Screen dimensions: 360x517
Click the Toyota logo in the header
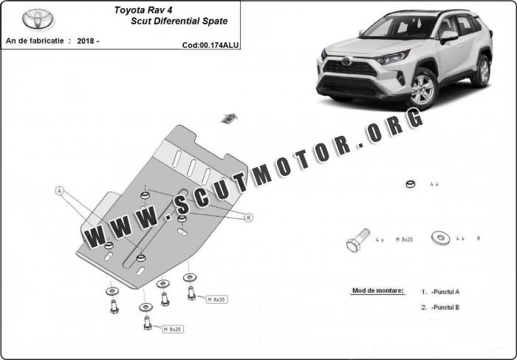[x=34, y=18]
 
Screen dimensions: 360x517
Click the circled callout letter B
[x=248, y=217]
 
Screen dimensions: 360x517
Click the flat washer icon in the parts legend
[x=441, y=238]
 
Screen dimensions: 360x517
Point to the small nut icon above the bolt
[x=411, y=184]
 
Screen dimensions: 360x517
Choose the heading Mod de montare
[x=377, y=291]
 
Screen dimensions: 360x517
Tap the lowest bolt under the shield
[x=147, y=323]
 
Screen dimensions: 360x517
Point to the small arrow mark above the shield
[x=227, y=118]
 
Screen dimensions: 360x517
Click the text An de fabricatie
[x=34, y=41]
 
